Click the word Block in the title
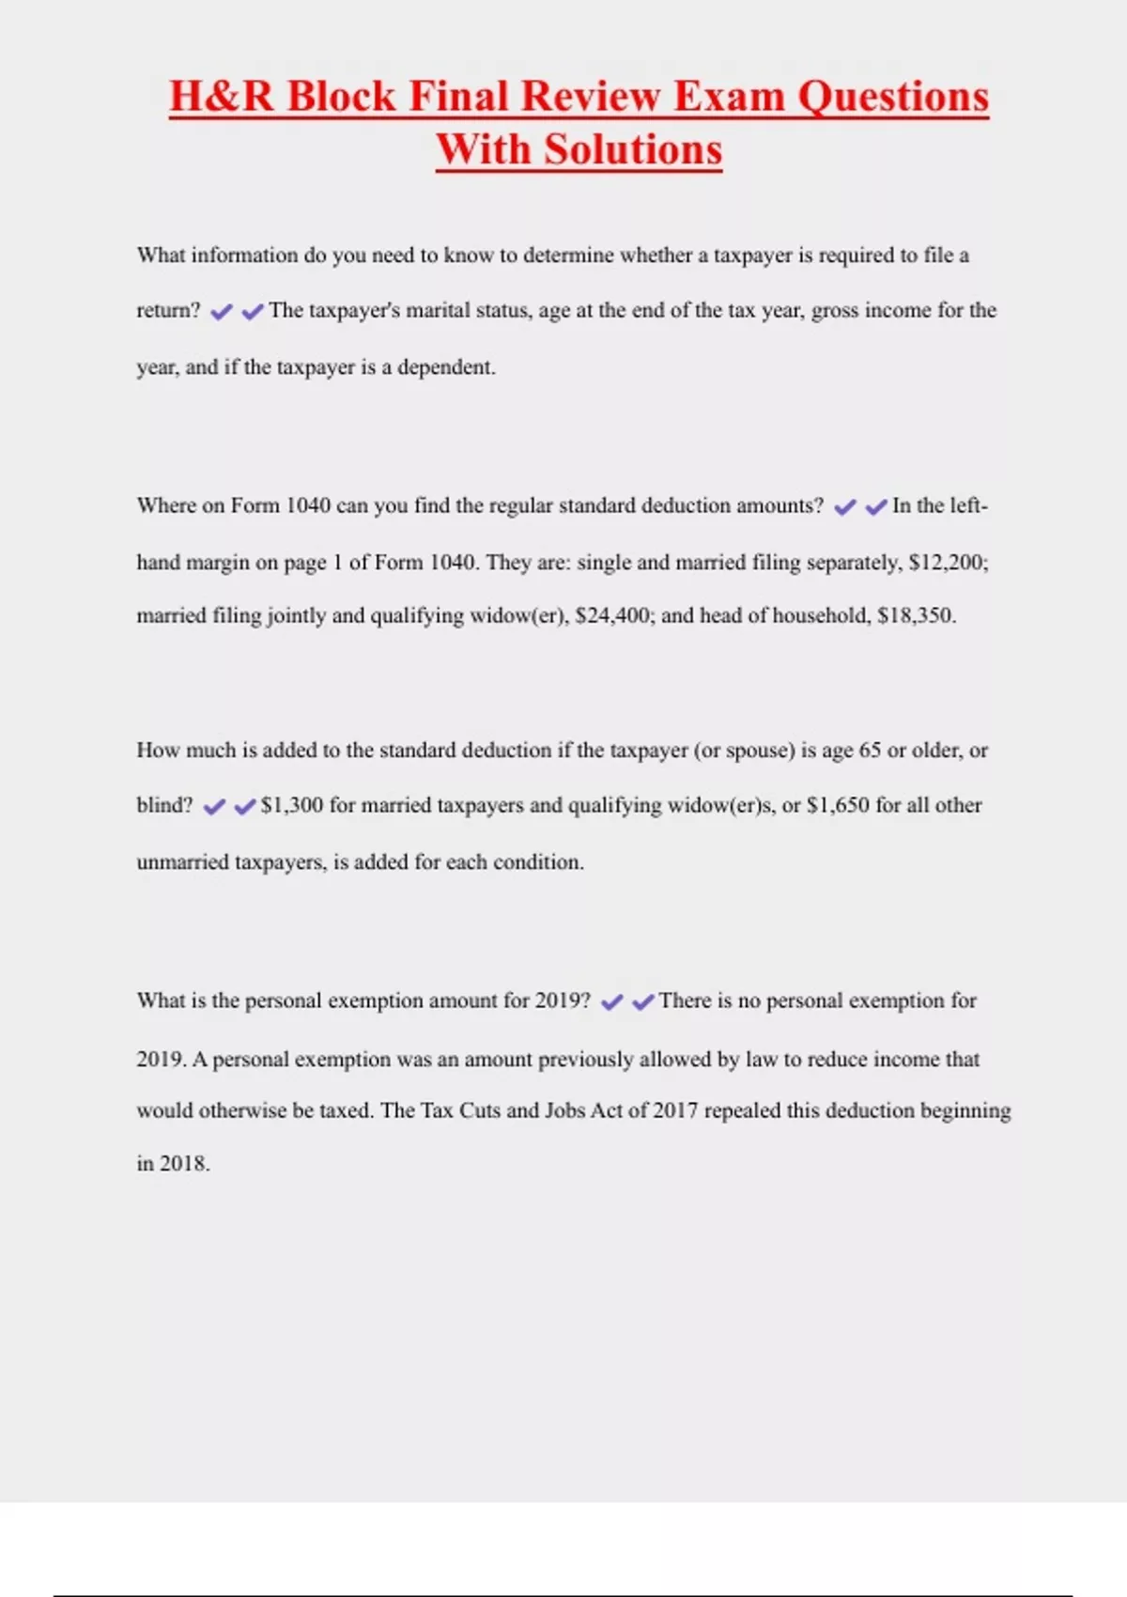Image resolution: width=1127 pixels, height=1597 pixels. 341,97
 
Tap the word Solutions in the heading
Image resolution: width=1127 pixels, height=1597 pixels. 633,150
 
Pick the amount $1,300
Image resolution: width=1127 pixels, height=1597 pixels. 292,806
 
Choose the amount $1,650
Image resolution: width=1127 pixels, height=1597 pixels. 838,806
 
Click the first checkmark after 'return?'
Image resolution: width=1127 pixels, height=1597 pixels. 222,312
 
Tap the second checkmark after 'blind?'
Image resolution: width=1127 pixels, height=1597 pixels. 245,807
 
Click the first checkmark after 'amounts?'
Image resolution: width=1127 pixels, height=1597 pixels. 845,507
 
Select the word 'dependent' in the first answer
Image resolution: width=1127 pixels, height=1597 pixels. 446,367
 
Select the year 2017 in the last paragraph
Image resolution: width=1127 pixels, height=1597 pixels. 675,1110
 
